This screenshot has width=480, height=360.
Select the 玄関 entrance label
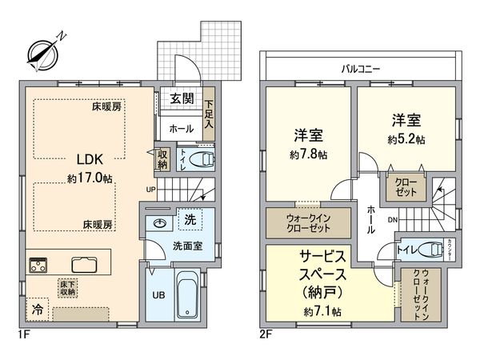click(182, 98)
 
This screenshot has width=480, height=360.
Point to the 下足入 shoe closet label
click(209, 112)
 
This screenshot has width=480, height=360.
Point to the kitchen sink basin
click(82, 264)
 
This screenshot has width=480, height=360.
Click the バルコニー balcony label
click(360, 70)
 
